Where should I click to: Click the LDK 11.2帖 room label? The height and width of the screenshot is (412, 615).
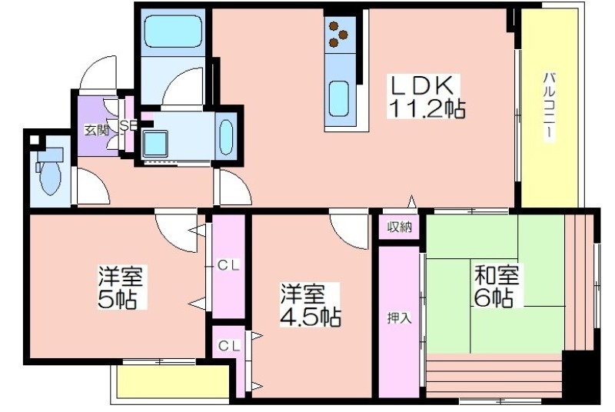click(426, 96)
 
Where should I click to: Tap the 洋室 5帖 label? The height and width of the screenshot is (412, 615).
click(121, 287)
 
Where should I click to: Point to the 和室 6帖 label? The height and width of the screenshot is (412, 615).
click(497, 286)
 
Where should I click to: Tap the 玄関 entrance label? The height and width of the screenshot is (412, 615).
click(96, 130)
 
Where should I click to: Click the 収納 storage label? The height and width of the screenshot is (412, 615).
click(399, 227)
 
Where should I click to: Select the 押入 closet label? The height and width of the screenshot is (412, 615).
click(399, 318)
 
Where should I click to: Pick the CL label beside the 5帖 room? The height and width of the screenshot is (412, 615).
click(228, 266)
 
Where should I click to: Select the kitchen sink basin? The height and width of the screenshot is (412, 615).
click(339, 99)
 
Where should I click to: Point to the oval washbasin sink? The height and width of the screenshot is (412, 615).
click(226, 137)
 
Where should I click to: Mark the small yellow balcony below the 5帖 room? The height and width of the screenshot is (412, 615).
click(174, 381)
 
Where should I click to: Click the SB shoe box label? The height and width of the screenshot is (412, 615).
click(128, 125)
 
